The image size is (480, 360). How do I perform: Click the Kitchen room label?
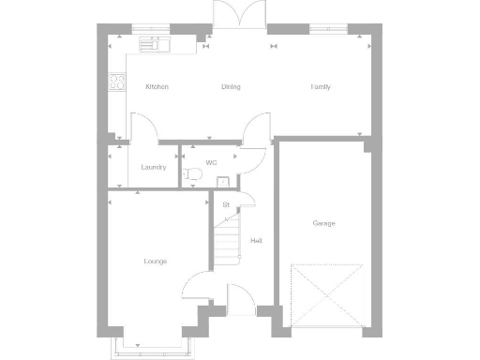(x=157, y=87)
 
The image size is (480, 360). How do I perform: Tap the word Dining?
(x=231, y=87)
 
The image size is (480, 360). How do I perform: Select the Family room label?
(x=321, y=87)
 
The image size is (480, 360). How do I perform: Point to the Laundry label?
(x=154, y=168)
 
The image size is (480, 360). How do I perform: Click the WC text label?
(x=211, y=163)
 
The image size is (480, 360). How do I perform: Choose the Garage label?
(x=324, y=223)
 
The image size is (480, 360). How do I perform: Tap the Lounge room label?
(x=156, y=261)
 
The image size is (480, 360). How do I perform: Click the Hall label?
(x=256, y=241)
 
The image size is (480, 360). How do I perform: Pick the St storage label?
(x=226, y=204)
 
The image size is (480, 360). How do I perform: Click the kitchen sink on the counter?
(x=152, y=44)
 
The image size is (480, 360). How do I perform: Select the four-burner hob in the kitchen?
(x=118, y=82)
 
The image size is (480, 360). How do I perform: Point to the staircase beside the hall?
(x=225, y=241)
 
